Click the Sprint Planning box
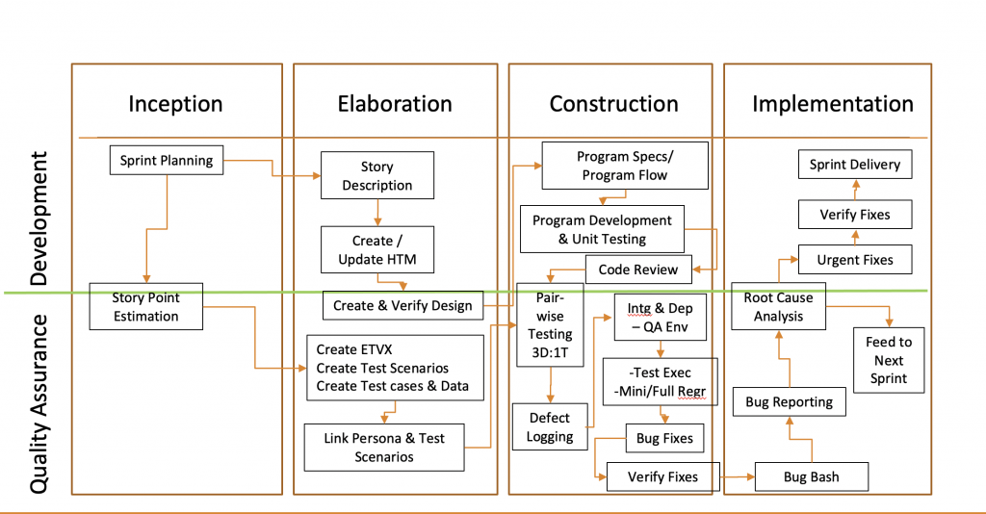pos(167,161)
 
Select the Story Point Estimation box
pos(145,306)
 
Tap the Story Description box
pos(376,176)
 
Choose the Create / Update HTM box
pos(377,250)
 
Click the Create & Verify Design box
pos(402,305)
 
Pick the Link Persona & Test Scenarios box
pos(384,448)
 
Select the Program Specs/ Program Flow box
pos(624,166)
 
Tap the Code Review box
pos(637,270)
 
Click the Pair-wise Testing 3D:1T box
pos(550,325)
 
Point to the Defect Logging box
pos(550,427)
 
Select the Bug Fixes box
pos(664,439)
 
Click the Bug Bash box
pos(811,476)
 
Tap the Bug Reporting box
pos(789,402)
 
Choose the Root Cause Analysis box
pos(778,306)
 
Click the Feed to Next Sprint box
pos(889,360)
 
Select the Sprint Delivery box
pos(854,165)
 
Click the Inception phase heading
pos(175,104)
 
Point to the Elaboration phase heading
pos(395,104)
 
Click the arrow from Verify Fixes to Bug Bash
pos(737,476)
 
